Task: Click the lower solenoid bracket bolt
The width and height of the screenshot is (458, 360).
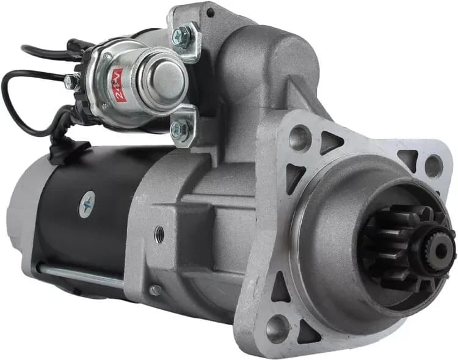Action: [x=180, y=128]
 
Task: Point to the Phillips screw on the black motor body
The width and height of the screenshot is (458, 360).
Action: [x=87, y=204]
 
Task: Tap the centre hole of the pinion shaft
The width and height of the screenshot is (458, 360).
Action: [x=442, y=249]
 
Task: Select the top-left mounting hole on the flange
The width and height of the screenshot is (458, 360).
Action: [x=300, y=137]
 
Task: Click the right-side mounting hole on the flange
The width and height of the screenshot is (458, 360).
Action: [x=434, y=166]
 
